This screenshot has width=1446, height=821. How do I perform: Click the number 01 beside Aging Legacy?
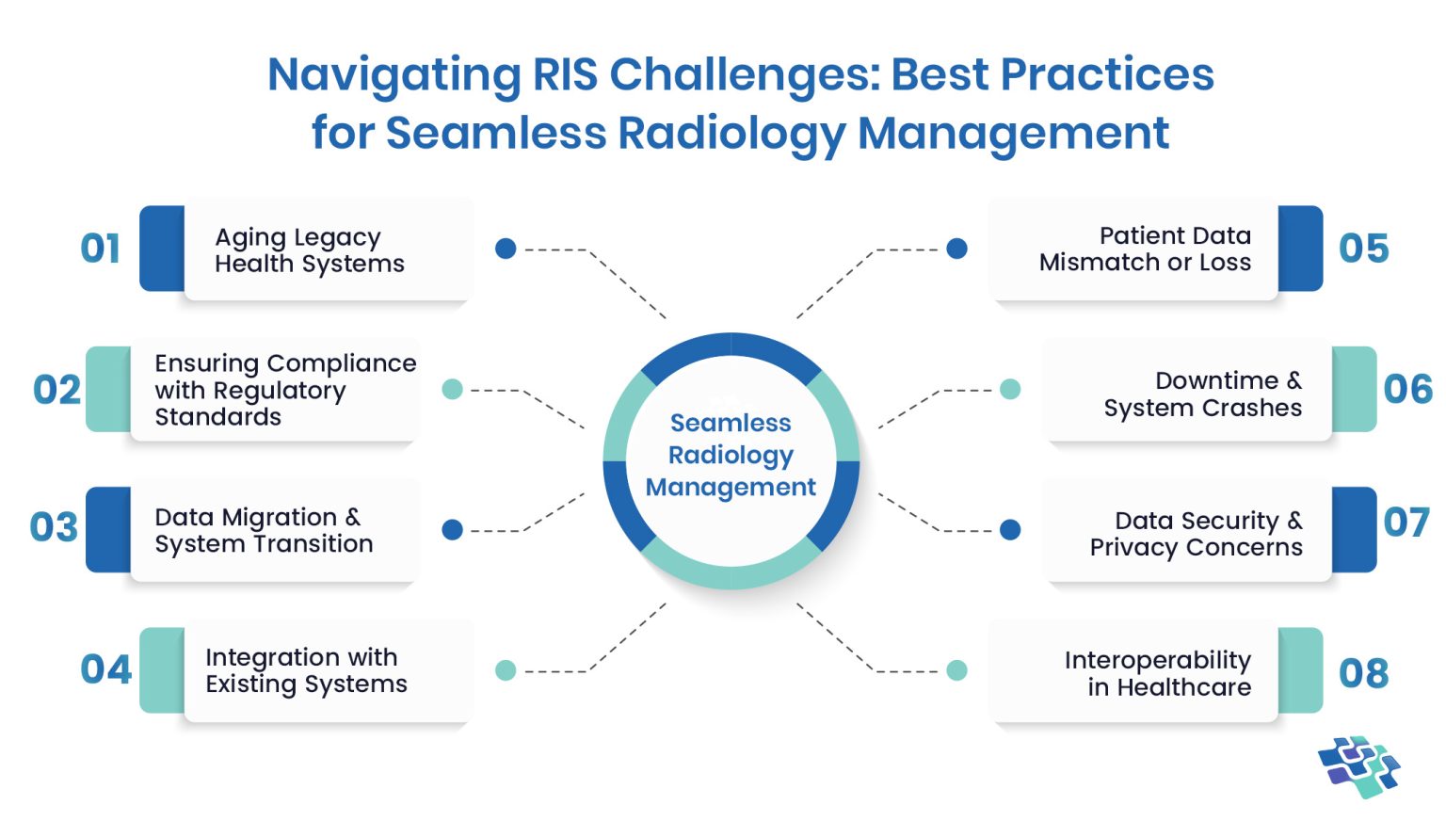100,249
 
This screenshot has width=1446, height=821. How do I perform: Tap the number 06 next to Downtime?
1407,389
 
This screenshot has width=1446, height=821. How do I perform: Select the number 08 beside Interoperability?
1363,673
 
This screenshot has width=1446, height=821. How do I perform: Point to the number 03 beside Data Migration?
54,527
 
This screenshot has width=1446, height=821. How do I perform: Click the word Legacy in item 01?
336,237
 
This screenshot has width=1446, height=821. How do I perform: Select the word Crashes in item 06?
1258,408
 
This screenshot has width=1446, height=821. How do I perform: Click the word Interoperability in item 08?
1157,660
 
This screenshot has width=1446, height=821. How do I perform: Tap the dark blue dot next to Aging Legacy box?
506,249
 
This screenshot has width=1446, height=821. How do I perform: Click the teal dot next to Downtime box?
1010,389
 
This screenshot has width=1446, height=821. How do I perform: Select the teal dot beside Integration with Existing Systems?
506,670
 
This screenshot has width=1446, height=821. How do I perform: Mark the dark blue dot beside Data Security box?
1010,530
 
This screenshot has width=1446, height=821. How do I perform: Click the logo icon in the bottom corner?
1359,766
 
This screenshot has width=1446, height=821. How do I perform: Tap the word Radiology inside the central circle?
731,456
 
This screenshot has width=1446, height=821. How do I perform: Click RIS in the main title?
565,74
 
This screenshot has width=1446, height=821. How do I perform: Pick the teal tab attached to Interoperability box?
1301,670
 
